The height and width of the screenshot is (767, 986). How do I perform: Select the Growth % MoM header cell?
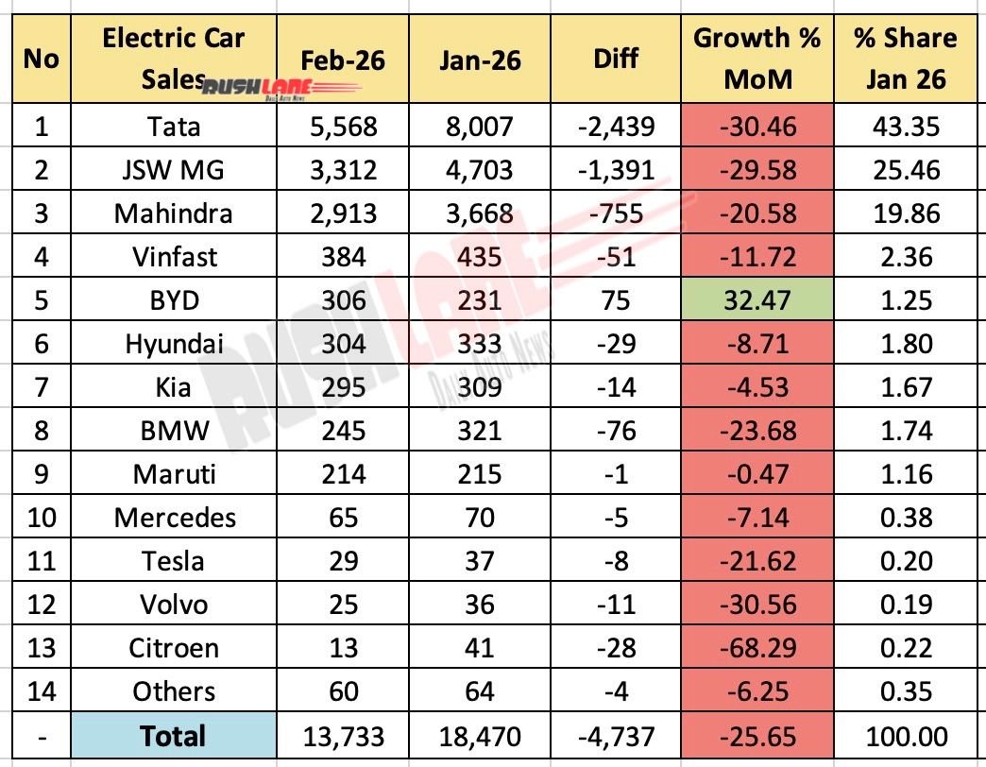[x=757, y=59]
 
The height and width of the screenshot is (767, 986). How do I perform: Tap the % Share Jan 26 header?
[x=905, y=59]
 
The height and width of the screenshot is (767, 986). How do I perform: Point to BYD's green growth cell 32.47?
[x=757, y=300]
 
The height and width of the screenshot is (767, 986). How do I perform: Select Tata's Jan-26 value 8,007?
[x=480, y=127]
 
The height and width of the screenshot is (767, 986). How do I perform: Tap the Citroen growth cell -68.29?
[x=757, y=648]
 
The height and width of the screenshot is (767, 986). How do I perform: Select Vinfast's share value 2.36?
[x=905, y=257]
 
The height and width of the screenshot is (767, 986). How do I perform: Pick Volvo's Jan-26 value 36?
[x=480, y=605]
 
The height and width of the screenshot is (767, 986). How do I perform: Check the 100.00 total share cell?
[x=905, y=736]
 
